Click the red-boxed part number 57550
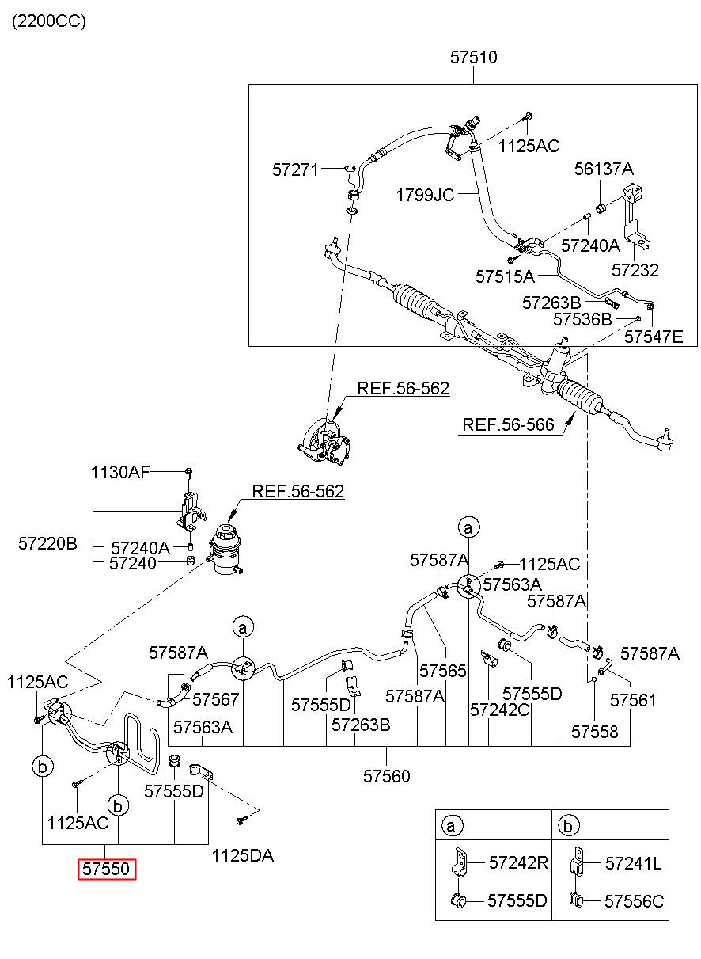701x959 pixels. point(106,869)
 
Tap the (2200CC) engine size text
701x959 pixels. point(49,21)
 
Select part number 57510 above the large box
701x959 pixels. point(473,57)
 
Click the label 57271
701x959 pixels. point(296,170)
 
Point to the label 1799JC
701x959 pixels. point(425,196)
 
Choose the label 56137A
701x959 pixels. point(604,169)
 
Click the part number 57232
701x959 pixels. point(635,270)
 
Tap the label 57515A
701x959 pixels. point(505,276)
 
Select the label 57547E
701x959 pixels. point(654,337)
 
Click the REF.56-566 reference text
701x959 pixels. point(508,424)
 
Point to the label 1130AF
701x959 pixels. point(120,472)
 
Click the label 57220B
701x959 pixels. point(47,543)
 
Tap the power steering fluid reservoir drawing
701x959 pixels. point(225,550)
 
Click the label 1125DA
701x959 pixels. point(243,855)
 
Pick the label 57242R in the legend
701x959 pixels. point(518,862)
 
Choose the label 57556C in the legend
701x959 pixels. point(635,901)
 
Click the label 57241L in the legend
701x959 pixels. point(634,863)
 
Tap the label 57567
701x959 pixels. point(215,699)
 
